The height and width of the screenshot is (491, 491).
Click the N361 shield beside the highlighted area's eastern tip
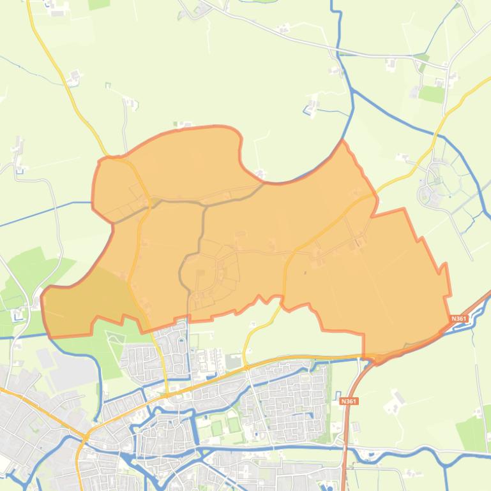458,318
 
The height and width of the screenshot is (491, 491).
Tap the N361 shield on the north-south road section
349,401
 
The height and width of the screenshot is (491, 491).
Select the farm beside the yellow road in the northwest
75,77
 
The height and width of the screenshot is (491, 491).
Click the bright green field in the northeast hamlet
432,94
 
